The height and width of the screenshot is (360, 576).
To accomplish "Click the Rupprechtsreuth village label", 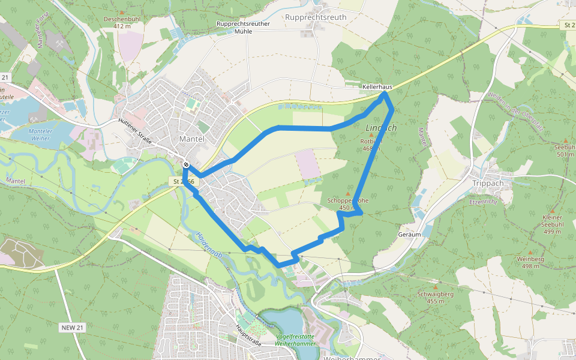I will click(316, 17).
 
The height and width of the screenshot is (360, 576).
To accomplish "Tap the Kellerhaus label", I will click(377, 87).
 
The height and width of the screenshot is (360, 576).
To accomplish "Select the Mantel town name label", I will click(192, 139).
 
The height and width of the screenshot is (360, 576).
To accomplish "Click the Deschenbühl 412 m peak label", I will click(122, 22).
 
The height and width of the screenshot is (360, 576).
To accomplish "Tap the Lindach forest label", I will click(381, 128).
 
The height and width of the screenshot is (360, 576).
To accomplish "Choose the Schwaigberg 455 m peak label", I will click(436, 298).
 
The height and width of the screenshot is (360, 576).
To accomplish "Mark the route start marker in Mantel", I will click(187, 164).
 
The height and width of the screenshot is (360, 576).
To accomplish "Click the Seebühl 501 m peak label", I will click(565, 151).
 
